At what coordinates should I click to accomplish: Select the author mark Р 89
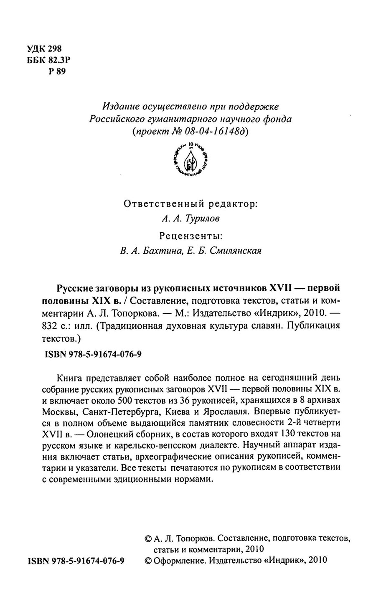click(57, 71)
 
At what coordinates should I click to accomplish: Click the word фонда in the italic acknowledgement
click(277, 119)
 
